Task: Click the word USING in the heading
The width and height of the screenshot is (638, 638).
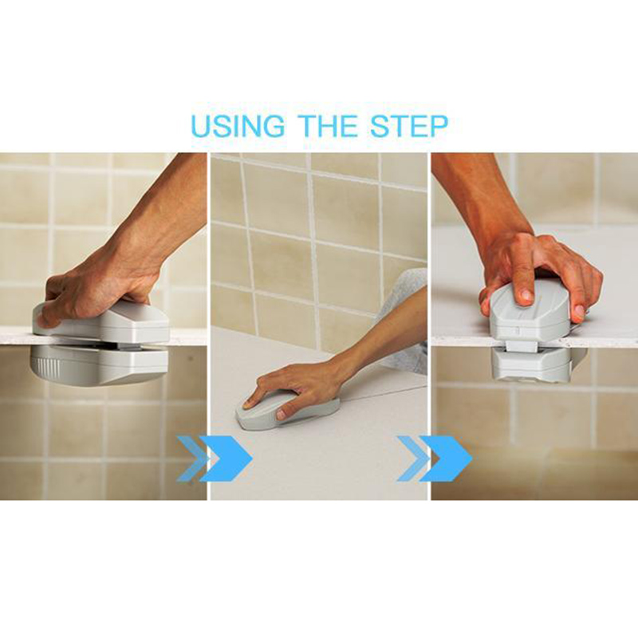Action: coord(238,126)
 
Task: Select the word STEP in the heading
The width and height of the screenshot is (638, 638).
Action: coord(409,126)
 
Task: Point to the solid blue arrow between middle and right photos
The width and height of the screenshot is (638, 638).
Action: coord(446,459)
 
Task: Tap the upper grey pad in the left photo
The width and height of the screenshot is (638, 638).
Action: coord(102,323)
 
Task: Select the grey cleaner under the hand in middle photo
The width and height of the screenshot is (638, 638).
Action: coord(285,412)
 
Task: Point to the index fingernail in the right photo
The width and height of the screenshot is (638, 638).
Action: coord(526,296)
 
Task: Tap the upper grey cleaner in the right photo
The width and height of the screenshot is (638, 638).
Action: coord(529,311)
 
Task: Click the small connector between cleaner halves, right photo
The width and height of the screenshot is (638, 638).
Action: coord(521,345)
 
